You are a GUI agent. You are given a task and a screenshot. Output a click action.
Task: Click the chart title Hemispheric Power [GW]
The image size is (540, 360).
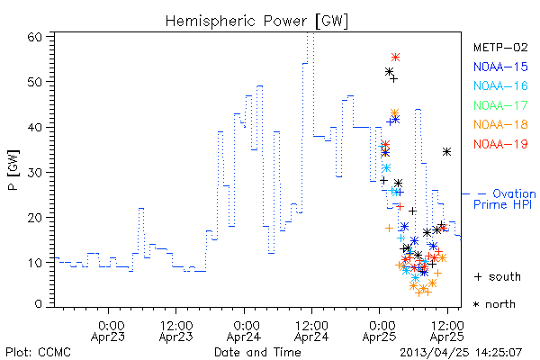pos(256,21)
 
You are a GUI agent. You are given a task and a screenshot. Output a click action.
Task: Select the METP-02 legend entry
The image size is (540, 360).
pos(500,47)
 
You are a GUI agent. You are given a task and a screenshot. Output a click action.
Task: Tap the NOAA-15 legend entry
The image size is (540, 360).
pos(500,67)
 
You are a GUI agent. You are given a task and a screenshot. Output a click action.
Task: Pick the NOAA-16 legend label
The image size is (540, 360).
pos(500,85)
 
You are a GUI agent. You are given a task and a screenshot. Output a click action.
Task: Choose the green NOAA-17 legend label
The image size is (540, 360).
pos(500,105)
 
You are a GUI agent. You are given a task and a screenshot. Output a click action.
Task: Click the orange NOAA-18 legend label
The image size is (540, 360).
pos(500,124)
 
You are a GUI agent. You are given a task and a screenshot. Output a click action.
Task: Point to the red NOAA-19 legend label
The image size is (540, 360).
pos(500,144)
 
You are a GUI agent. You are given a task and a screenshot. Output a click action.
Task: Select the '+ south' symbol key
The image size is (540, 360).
pos(498,276)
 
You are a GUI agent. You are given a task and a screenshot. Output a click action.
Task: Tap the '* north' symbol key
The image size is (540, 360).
pos(494,304)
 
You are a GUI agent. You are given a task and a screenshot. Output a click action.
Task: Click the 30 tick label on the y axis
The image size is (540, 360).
pos(35,172)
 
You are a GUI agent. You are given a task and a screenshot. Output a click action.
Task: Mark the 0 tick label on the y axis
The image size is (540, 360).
pos(39,304)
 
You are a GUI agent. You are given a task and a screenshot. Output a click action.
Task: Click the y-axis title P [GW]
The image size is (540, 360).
pos(13,170)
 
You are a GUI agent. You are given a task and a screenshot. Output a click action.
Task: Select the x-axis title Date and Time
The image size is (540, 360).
pos(257,352)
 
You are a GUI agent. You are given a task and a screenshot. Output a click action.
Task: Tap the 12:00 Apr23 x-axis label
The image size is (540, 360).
pos(176,330)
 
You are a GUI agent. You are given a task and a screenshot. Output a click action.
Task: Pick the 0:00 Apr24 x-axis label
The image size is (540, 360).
pos(244,330)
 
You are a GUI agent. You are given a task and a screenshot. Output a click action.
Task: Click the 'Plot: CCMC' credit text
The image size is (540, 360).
pos(38,352)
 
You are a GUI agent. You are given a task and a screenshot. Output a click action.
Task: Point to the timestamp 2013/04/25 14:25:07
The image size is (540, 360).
pos(461,353)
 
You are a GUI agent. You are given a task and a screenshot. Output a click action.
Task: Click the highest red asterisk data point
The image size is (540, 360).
pos(395,58)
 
